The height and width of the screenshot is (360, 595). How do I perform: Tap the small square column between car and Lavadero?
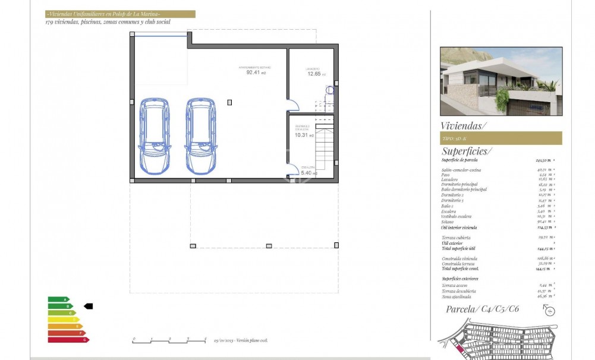point(229,102)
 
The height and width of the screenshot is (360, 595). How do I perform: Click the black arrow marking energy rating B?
point(89,306)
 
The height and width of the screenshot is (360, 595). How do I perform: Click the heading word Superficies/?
point(467,151)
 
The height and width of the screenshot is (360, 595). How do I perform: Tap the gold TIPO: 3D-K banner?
point(501,138)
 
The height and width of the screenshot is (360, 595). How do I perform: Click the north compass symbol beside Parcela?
point(549,310)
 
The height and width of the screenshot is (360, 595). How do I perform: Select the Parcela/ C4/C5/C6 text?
point(483,309)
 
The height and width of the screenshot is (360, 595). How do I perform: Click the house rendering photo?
point(500,81)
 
